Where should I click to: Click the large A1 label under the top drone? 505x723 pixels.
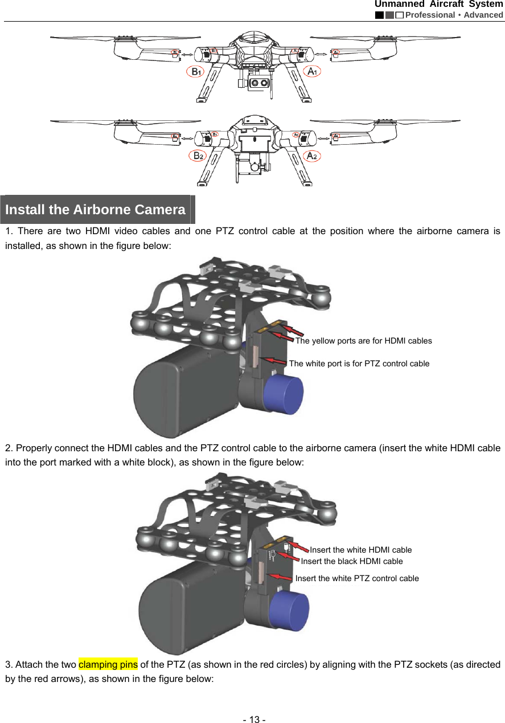[x=313, y=71]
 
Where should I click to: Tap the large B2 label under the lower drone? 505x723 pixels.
[x=198, y=156]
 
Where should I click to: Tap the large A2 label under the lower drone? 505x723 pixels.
[x=313, y=156]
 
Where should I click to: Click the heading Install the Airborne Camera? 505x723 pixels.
[x=95, y=210]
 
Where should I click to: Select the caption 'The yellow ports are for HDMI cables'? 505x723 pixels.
[x=363, y=341]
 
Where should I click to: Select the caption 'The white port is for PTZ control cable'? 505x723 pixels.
[x=359, y=363]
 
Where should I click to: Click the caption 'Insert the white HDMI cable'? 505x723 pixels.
[x=360, y=550]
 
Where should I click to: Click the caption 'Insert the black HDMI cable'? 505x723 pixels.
[x=351, y=561]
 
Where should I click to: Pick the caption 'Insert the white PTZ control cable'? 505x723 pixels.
[x=357, y=578]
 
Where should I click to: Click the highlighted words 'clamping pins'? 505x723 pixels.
[x=108, y=664]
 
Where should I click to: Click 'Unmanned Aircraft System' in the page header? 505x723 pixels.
[x=438, y=5]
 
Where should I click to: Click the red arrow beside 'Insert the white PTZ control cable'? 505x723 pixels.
[x=281, y=577]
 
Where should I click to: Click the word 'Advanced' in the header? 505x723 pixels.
[x=483, y=15]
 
